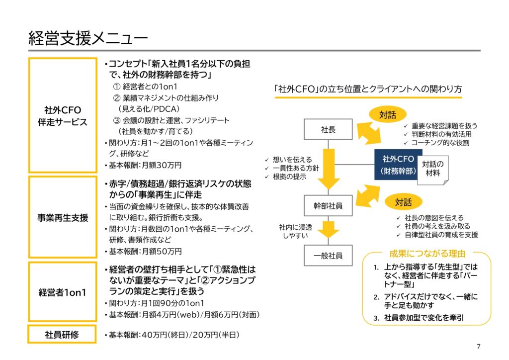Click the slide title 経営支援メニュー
click(x=88, y=38)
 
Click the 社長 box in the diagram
click(x=328, y=129)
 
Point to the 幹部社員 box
click(x=328, y=206)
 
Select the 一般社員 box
click(x=328, y=256)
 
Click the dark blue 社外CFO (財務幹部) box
click(x=398, y=165)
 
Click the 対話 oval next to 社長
click(x=388, y=114)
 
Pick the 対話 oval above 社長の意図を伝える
click(x=403, y=202)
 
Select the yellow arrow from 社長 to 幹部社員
click(x=329, y=169)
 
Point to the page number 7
click(x=479, y=347)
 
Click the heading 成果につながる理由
click(x=427, y=254)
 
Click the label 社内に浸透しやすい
click(x=295, y=231)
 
